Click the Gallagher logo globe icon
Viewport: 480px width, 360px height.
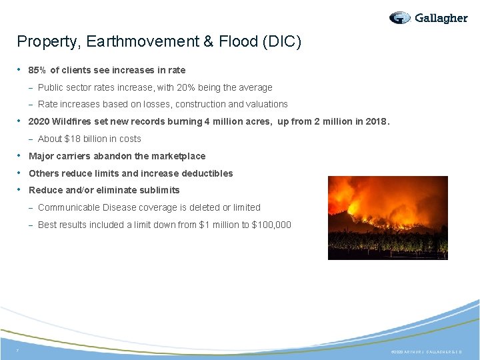(400, 18)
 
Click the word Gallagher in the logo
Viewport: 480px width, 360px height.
(441, 18)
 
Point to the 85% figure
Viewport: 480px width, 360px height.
(38, 70)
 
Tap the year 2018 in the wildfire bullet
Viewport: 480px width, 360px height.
(377, 121)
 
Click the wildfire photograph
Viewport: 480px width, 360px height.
(387, 217)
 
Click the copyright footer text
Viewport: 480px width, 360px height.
(427, 351)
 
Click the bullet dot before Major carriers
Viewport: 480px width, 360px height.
(21, 156)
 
